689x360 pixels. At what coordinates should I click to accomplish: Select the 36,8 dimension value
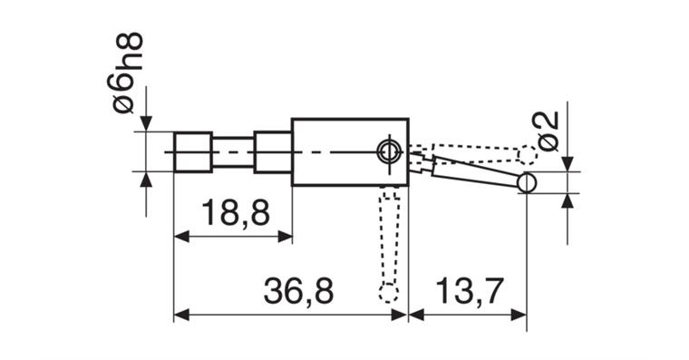[299, 290]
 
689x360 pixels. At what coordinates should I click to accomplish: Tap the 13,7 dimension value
[469, 290]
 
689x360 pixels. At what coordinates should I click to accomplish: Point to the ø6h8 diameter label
[129, 73]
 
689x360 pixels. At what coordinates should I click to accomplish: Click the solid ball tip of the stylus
[527, 182]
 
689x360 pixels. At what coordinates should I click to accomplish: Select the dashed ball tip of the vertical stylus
[388, 293]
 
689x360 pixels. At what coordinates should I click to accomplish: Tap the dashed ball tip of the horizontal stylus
[528, 155]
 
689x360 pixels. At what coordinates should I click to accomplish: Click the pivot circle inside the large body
[389, 152]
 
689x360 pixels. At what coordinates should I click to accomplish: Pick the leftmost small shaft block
[193, 151]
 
